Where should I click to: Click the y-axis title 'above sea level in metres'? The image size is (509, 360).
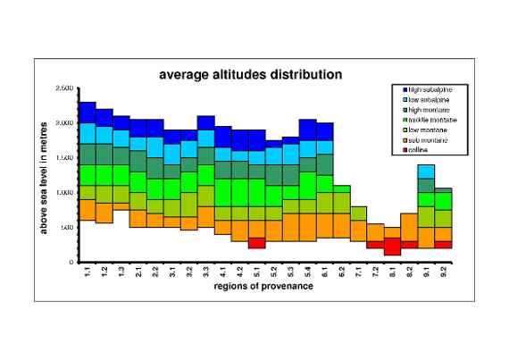click(x=42, y=175)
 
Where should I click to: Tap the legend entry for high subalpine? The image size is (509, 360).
click(x=430, y=90)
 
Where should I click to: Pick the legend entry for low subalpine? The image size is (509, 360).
click(x=429, y=100)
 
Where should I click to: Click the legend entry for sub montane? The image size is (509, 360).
click(x=429, y=139)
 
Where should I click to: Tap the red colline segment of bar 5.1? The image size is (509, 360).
click(x=257, y=243)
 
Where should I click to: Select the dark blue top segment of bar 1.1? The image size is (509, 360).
click(x=88, y=113)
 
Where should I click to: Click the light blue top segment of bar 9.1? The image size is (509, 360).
click(x=427, y=172)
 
